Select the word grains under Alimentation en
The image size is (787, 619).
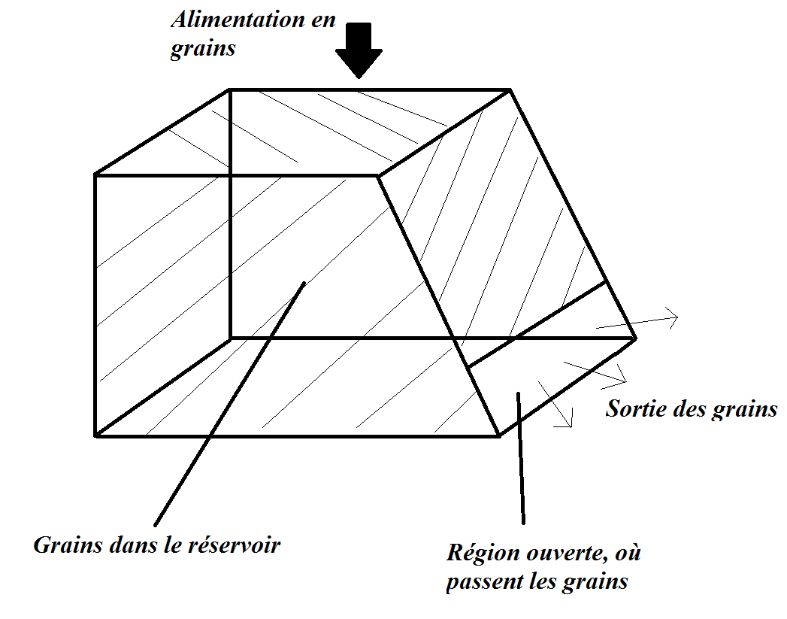pyautogui.click(x=203, y=49)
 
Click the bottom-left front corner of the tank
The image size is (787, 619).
pyautogui.click(x=96, y=435)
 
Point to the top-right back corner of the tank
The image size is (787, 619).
pyautogui.click(x=510, y=90)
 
